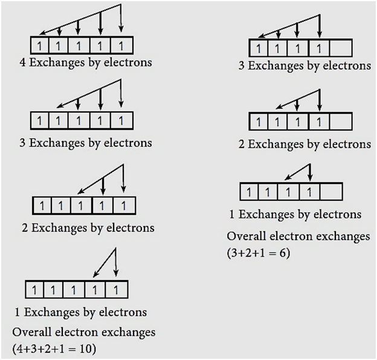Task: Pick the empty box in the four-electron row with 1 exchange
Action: [332, 192]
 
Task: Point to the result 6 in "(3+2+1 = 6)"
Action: [283, 252]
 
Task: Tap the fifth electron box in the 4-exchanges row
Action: [121, 45]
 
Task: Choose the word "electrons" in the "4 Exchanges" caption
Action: [127, 62]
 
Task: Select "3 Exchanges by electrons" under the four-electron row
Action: [304, 65]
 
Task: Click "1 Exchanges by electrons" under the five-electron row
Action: [80, 312]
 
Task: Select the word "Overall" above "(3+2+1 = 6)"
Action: [248, 236]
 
